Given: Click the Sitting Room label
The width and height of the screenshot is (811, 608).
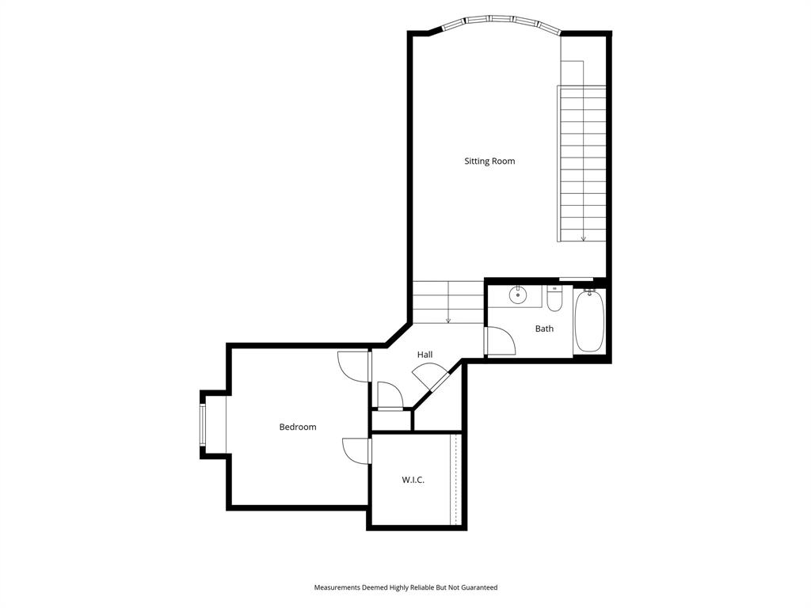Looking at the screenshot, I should tap(489, 161).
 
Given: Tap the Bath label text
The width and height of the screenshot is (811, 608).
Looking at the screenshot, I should tap(544, 329).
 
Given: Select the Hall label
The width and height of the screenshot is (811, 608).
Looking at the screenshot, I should tap(425, 355).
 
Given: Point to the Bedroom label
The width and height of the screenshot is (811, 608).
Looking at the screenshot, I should tap(298, 427).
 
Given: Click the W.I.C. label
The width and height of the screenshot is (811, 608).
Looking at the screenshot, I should tap(413, 480).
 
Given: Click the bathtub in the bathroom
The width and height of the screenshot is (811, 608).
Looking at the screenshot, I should tap(588, 321).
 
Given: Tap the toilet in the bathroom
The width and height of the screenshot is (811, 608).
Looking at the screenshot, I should tap(554, 300).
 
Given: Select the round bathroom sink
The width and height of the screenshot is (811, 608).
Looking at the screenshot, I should tap(517, 295).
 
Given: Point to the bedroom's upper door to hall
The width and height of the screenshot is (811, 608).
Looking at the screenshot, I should tap(352, 366).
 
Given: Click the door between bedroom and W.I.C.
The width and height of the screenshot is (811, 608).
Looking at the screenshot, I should tap(356, 450).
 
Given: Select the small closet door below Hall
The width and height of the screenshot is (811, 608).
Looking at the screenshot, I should tap(390, 397).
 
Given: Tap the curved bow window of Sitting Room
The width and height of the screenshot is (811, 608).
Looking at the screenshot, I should tap(501, 21).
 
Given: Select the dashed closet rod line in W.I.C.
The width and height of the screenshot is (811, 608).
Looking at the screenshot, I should tap(455, 478).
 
